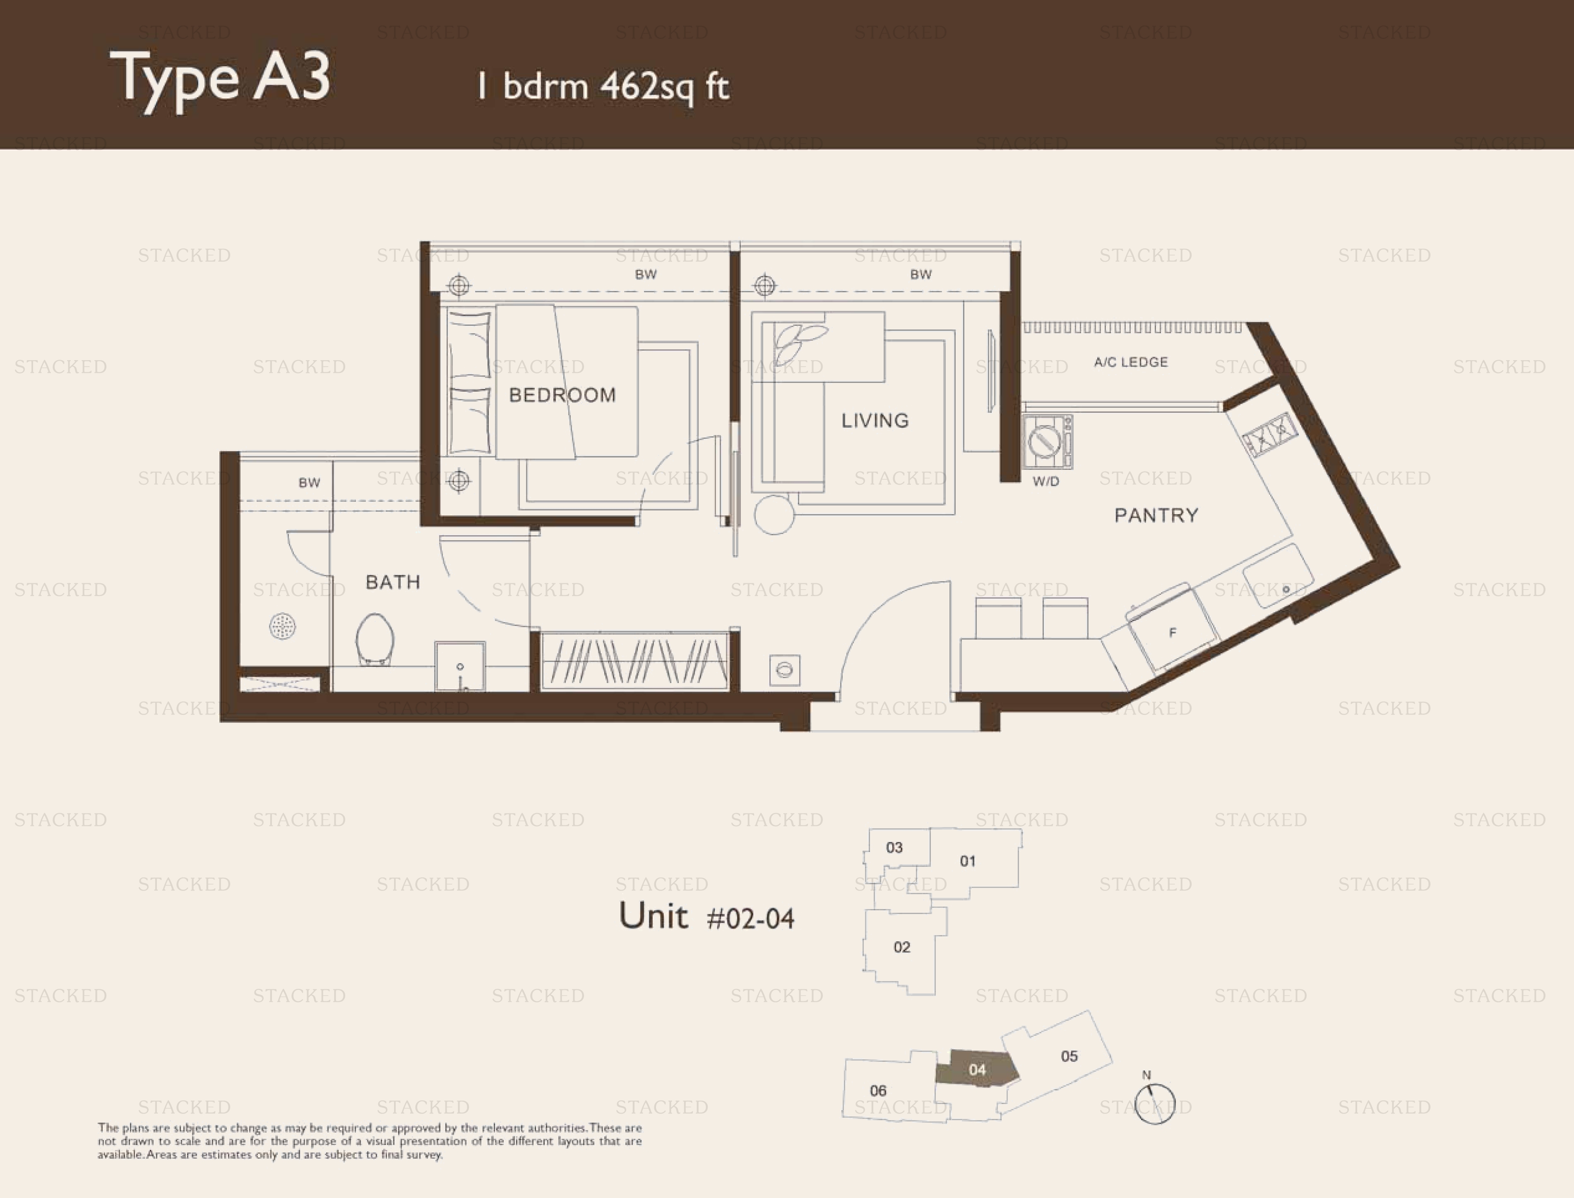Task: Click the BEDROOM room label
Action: pyautogui.click(x=562, y=395)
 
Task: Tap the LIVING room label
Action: pyautogui.click(x=875, y=421)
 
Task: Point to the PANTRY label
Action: pyautogui.click(x=1156, y=515)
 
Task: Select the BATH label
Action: pyautogui.click(x=393, y=582)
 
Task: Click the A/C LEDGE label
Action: pyautogui.click(x=1131, y=362)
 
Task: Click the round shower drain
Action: pyautogui.click(x=282, y=627)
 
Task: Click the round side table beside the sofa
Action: pyautogui.click(x=774, y=514)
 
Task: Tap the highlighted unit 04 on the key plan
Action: pyautogui.click(x=977, y=1069)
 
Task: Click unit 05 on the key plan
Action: pyautogui.click(x=1069, y=1056)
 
